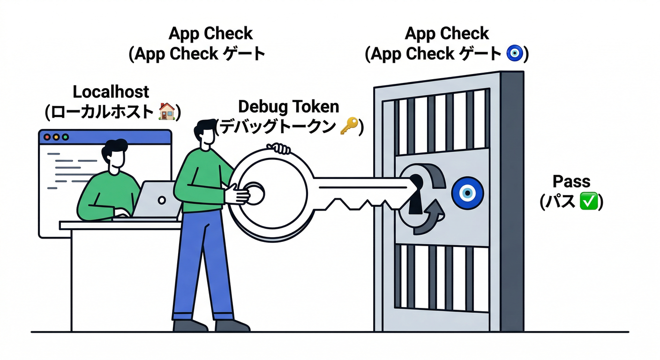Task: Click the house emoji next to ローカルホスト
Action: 166,112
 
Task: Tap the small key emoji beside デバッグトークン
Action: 349,127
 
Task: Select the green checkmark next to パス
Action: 588,202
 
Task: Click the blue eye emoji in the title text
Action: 515,54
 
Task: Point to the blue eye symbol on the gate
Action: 467,193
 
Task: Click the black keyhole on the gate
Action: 415,192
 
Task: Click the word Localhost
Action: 111,91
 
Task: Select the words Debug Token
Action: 288,106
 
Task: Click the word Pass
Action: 571,181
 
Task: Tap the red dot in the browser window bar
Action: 47,137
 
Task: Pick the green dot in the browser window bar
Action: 65,137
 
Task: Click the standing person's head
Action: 205,135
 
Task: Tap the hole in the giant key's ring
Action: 254,192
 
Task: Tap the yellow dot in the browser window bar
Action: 56,137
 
